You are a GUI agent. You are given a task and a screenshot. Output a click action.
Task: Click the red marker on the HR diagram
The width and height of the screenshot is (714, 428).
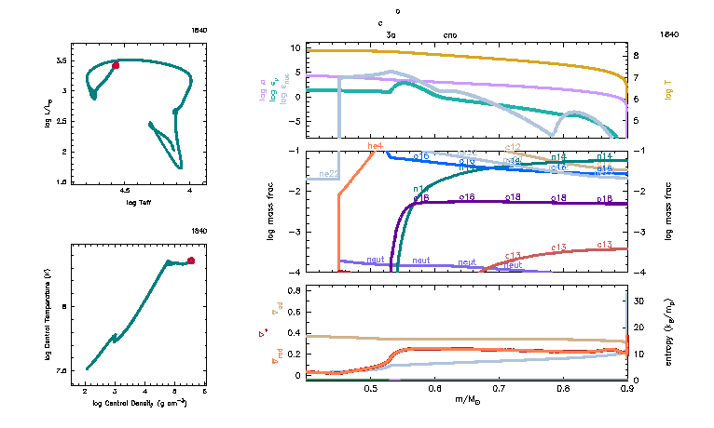point(116,65)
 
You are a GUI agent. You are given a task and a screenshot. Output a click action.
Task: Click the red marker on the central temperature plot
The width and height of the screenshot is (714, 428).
point(191,261)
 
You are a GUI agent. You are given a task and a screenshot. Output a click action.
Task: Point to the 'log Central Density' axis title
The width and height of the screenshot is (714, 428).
point(140,404)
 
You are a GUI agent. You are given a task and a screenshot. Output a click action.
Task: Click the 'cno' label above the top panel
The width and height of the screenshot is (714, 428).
point(449,33)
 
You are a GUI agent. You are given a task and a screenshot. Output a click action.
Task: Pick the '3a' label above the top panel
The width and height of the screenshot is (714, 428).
point(391,33)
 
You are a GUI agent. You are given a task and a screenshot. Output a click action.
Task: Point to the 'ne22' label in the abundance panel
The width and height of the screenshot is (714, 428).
point(329,174)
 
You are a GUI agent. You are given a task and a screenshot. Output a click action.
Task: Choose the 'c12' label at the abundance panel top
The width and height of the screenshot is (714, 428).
point(513,147)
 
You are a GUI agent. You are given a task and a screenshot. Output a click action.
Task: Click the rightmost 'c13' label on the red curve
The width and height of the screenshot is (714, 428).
point(604,244)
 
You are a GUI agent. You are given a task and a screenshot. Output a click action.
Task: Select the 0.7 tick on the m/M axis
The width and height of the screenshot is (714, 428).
point(499,389)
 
